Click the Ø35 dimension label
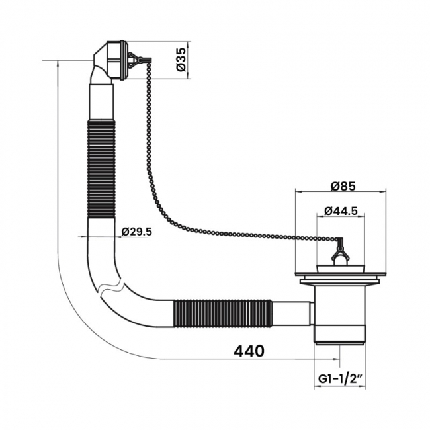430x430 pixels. click(x=181, y=60)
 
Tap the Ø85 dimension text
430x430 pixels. click(x=343, y=186)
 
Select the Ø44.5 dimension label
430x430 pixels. click(x=341, y=211)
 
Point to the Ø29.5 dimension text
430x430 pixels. click(x=136, y=232)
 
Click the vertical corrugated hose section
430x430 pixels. click(x=101, y=169)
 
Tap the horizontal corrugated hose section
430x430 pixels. click(x=223, y=314)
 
